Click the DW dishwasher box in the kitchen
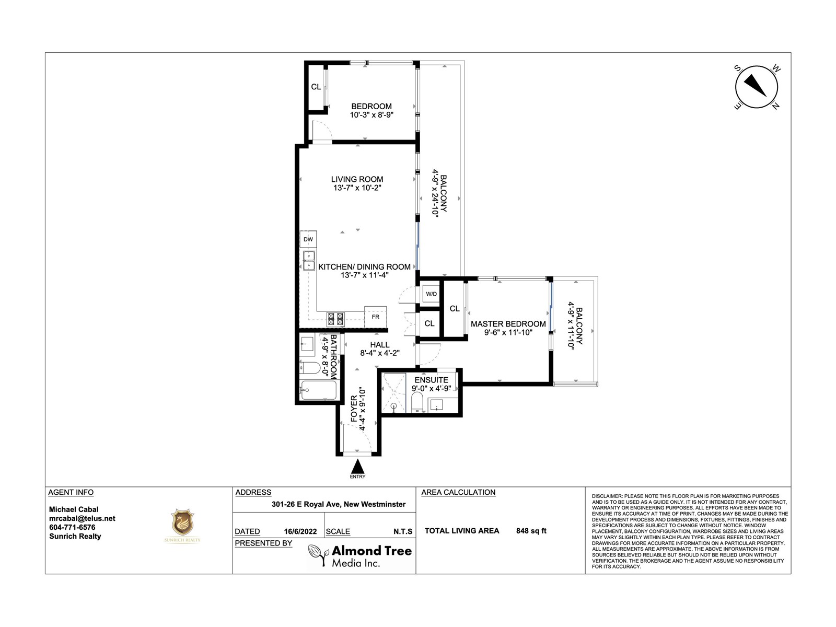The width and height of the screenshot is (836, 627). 308,239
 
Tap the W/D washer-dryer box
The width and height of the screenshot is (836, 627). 431,294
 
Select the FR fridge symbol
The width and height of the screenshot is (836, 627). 376,317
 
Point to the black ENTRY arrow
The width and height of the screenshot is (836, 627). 357,467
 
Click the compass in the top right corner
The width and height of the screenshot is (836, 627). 756,87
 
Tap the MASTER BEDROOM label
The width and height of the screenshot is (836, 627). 508,324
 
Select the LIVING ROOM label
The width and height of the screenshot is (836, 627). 357,179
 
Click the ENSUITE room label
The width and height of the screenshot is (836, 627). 431,380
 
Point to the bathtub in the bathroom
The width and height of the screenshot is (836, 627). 318,390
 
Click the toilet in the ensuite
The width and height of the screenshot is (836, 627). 417,402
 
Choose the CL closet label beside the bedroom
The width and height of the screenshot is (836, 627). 316,87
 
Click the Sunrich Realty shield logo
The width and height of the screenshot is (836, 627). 182,522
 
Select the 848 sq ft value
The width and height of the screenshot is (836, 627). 531,531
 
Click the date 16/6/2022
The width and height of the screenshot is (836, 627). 300,531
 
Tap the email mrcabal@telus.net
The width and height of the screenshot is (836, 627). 82,518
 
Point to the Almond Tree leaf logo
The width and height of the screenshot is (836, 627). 318,555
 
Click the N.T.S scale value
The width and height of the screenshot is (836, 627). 403,531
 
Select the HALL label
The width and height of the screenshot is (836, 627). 379,344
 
